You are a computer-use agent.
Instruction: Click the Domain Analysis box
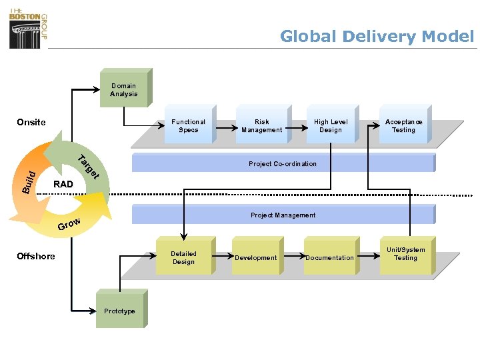pyautogui.click(x=123, y=90)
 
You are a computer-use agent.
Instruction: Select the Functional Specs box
pyautogui.click(x=188, y=125)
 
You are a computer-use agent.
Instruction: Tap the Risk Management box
pyautogui.click(x=262, y=125)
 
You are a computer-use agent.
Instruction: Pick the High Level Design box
pyautogui.click(x=331, y=125)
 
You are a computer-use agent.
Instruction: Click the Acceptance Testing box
pyautogui.click(x=403, y=125)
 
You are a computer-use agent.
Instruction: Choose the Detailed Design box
pyautogui.click(x=183, y=257)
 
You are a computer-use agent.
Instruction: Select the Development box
pyautogui.click(x=256, y=257)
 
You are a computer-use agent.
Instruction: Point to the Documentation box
pyautogui.click(x=330, y=257)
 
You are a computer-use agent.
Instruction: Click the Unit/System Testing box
pyautogui.click(x=405, y=254)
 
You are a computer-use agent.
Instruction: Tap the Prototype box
pyautogui.click(x=119, y=311)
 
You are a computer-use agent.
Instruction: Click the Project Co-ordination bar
pyautogui.click(x=283, y=163)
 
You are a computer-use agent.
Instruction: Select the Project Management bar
pyautogui.click(x=283, y=215)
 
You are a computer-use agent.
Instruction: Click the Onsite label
pyautogui.click(x=31, y=122)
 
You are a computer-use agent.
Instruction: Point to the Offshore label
pyautogui.click(x=36, y=257)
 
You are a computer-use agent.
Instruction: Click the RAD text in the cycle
pyautogui.click(x=63, y=184)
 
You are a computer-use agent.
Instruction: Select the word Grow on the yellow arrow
pyautogui.click(x=69, y=224)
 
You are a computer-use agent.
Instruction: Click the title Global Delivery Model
pyautogui.click(x=377, y=36)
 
